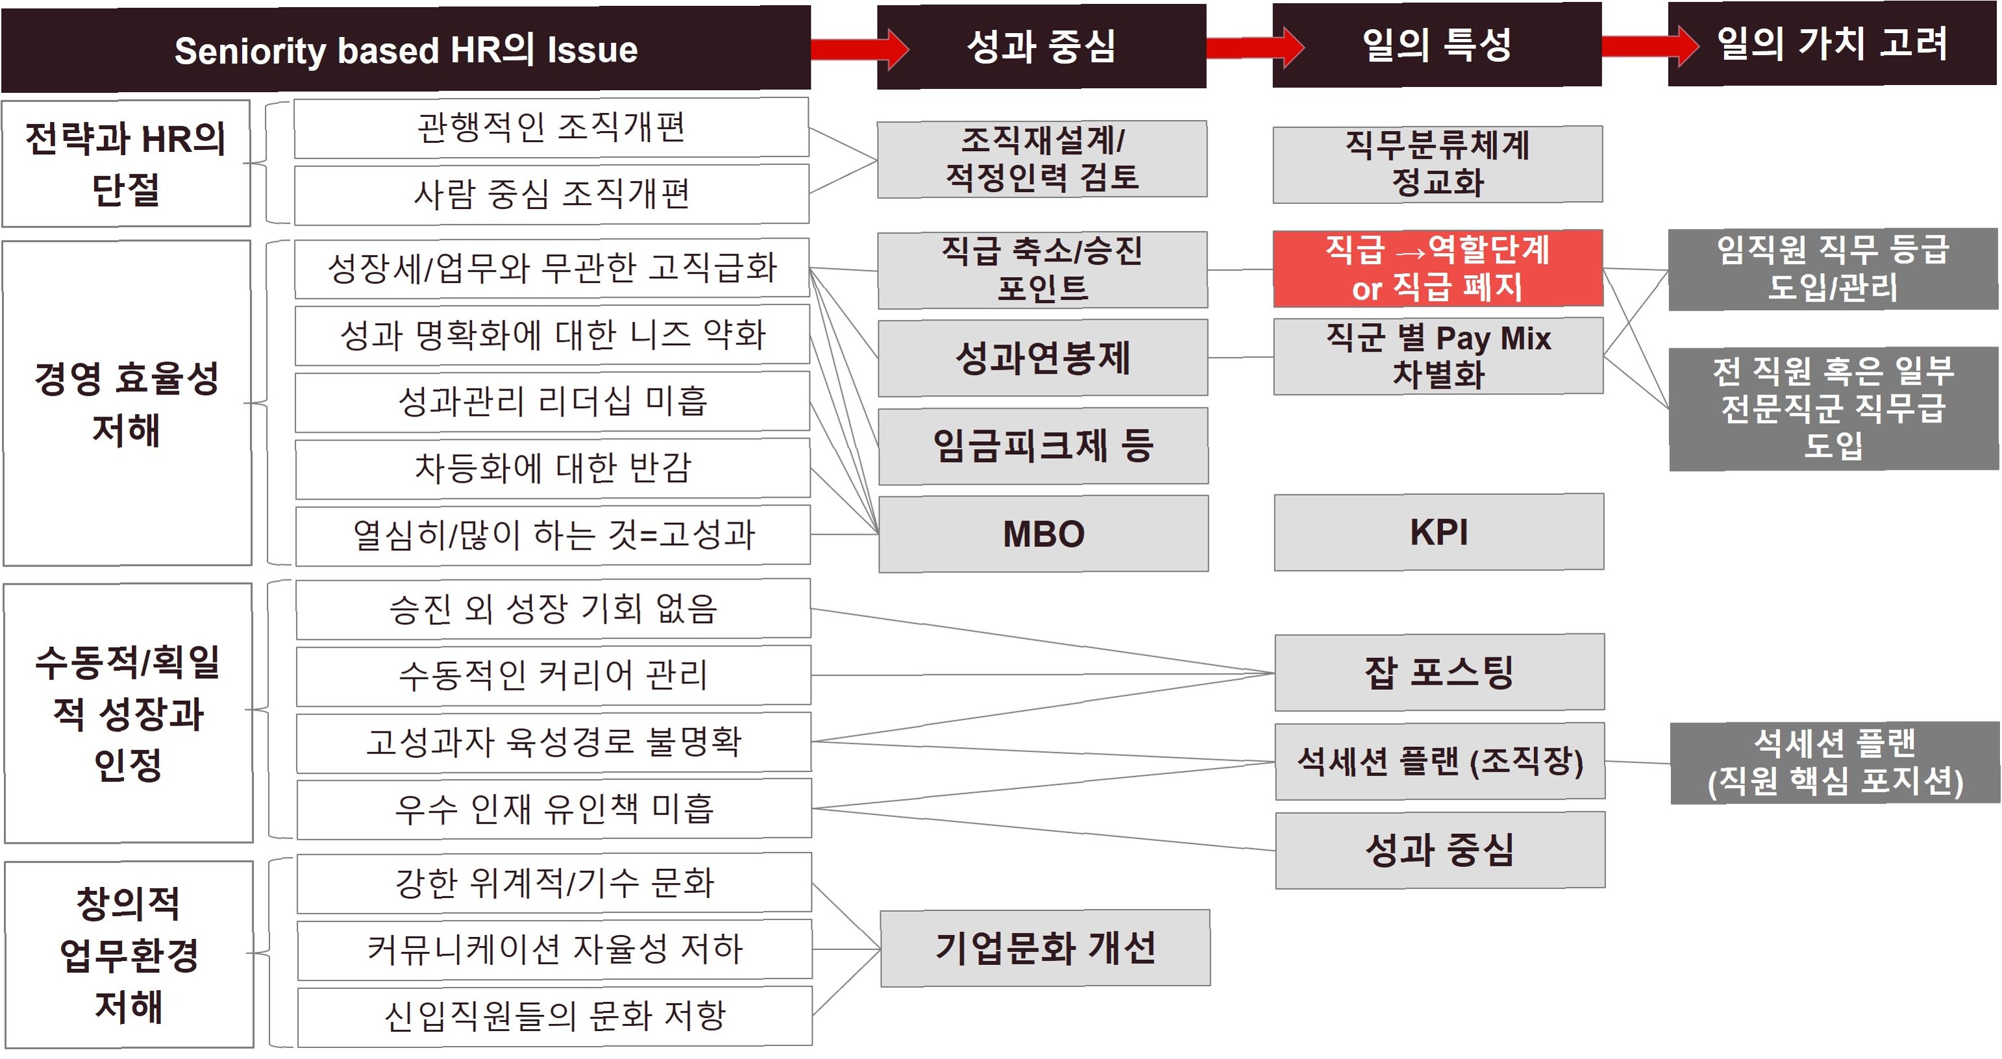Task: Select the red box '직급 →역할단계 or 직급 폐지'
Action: coord(1437,268)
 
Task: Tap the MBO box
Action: coord(1043,534)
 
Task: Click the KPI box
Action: coord(1439,532)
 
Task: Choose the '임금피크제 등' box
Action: coord(1043,446)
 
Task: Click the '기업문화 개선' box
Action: coord(1044,948)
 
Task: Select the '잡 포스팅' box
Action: coord(1439,672)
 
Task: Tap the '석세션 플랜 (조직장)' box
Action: coord(1439,761)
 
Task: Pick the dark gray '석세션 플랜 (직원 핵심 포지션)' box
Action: coord(1834,762)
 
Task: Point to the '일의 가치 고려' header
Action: coord(1832,43)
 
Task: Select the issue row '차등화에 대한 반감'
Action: coord(552,468)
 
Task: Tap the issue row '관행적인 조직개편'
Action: coord(551,127)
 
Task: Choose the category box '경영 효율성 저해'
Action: coord(127,403)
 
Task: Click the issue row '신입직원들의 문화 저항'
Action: coord(554,1016)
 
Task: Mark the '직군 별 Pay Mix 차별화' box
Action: coord(1438,356)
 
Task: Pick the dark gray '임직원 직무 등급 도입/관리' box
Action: coord(1833,269)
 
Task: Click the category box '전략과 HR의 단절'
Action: coord(126,163)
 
